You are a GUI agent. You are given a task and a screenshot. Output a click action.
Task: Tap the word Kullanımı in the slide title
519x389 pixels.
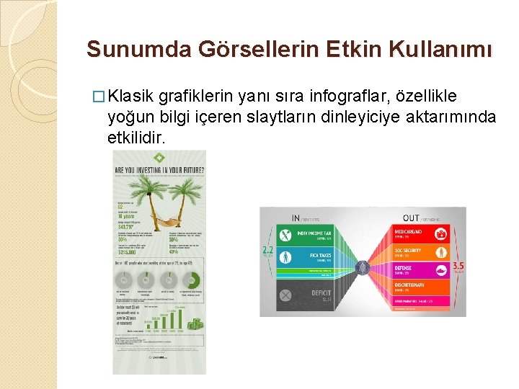(x=448, y=50)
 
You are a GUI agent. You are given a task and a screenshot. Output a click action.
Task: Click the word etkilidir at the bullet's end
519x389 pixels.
(x=136, y=135)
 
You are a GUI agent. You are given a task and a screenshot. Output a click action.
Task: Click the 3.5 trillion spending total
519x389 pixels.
(x=458, y=267)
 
